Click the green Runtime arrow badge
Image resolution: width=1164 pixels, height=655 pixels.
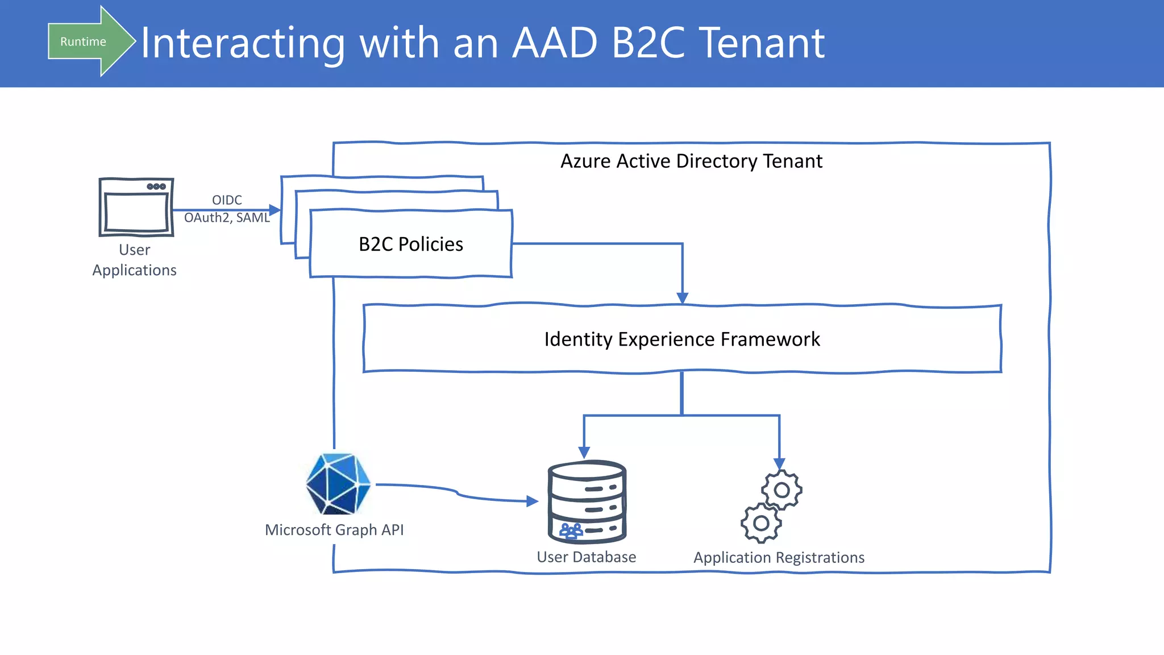tap(85, 42)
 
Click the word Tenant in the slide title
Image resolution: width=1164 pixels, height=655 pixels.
tap(761, 43)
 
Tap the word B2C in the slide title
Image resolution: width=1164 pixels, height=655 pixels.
tap(648, 43)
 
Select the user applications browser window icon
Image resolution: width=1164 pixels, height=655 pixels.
tap(136, 208)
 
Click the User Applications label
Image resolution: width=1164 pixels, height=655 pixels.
tap(135, 260)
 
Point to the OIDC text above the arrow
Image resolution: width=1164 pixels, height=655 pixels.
tap(227, 200)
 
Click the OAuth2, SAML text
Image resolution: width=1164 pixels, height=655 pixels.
tap(227, 218)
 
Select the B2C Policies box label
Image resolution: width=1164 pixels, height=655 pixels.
tap(411, 244)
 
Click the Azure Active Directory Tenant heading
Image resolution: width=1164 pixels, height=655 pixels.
tap(691, 161)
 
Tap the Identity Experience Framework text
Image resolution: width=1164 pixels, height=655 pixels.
tap(682, 339)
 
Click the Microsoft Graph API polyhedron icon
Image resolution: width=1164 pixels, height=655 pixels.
tap(338, 484)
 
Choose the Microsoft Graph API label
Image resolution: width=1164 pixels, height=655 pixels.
tap(334, 530)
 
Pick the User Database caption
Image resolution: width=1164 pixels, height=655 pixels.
tap(587, 557)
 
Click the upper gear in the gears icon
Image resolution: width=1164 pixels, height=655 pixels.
tap(781, 490)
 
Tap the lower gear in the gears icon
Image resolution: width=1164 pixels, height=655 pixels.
tap(761, 523)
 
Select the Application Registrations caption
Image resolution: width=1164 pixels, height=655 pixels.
tap(779, 558)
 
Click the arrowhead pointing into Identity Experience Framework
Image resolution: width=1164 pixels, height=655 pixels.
tap(683, 298)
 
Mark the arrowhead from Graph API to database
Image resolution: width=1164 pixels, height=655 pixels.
tap(533, 501)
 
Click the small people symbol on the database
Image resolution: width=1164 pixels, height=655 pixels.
tap(571, 531)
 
